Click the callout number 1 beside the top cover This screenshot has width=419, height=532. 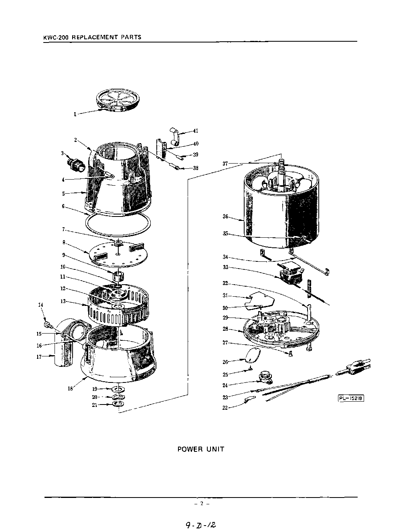click(x=75, y=114)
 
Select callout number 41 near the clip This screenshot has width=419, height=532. click(x=196, y=131)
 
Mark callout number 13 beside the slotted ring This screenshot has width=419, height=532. click(x=63, y=301)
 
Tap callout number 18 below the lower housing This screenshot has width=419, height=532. click(x=70, y=388)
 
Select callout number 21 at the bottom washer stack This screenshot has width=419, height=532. click(x=95, y=405)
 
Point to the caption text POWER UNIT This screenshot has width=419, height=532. click(x=201, y=449)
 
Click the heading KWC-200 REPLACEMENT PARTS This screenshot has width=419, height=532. click(x=92, y=37)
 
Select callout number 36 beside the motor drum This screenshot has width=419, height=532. click(x=225, y=217)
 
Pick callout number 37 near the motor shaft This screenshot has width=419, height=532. click(x=225, y=164)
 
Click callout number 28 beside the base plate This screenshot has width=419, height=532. click(x=225, y=329)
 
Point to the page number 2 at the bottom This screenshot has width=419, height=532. click(x=202, y=504)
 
